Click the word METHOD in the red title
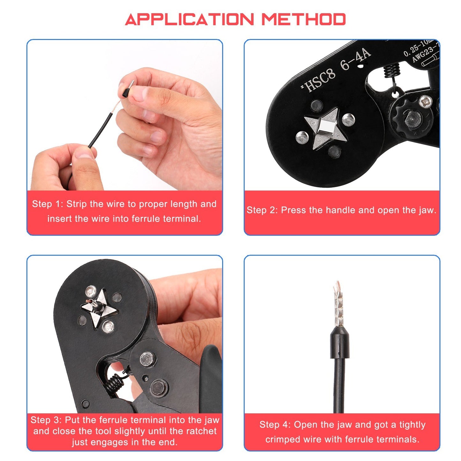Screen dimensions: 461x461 pos(303,20)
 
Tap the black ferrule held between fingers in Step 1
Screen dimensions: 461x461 pos(126,90)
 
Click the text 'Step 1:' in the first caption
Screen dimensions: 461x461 pos(48,204)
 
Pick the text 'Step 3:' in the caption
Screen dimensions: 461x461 pos(46,420)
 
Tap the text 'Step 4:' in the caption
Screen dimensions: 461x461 pos(275,425)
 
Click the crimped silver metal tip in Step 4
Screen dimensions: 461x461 pos(338,303)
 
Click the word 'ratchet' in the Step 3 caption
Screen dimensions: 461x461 pos(201,431)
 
